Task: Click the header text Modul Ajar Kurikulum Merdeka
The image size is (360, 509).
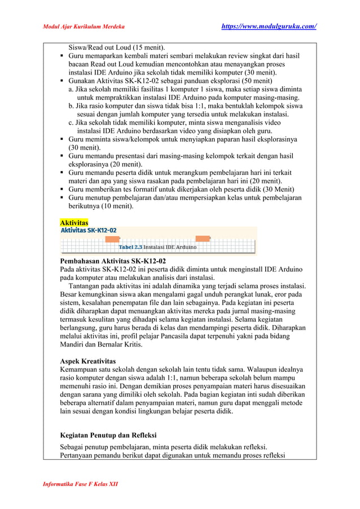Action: (84, 27)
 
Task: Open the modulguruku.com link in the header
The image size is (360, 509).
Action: (267, 27)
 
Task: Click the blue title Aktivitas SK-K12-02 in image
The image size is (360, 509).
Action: (89, 231)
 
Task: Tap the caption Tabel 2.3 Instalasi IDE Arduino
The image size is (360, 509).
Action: (157, 247)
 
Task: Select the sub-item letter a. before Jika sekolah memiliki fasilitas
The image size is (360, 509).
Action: (71, 90)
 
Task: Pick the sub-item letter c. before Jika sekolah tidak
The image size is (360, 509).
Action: (71, 124)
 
